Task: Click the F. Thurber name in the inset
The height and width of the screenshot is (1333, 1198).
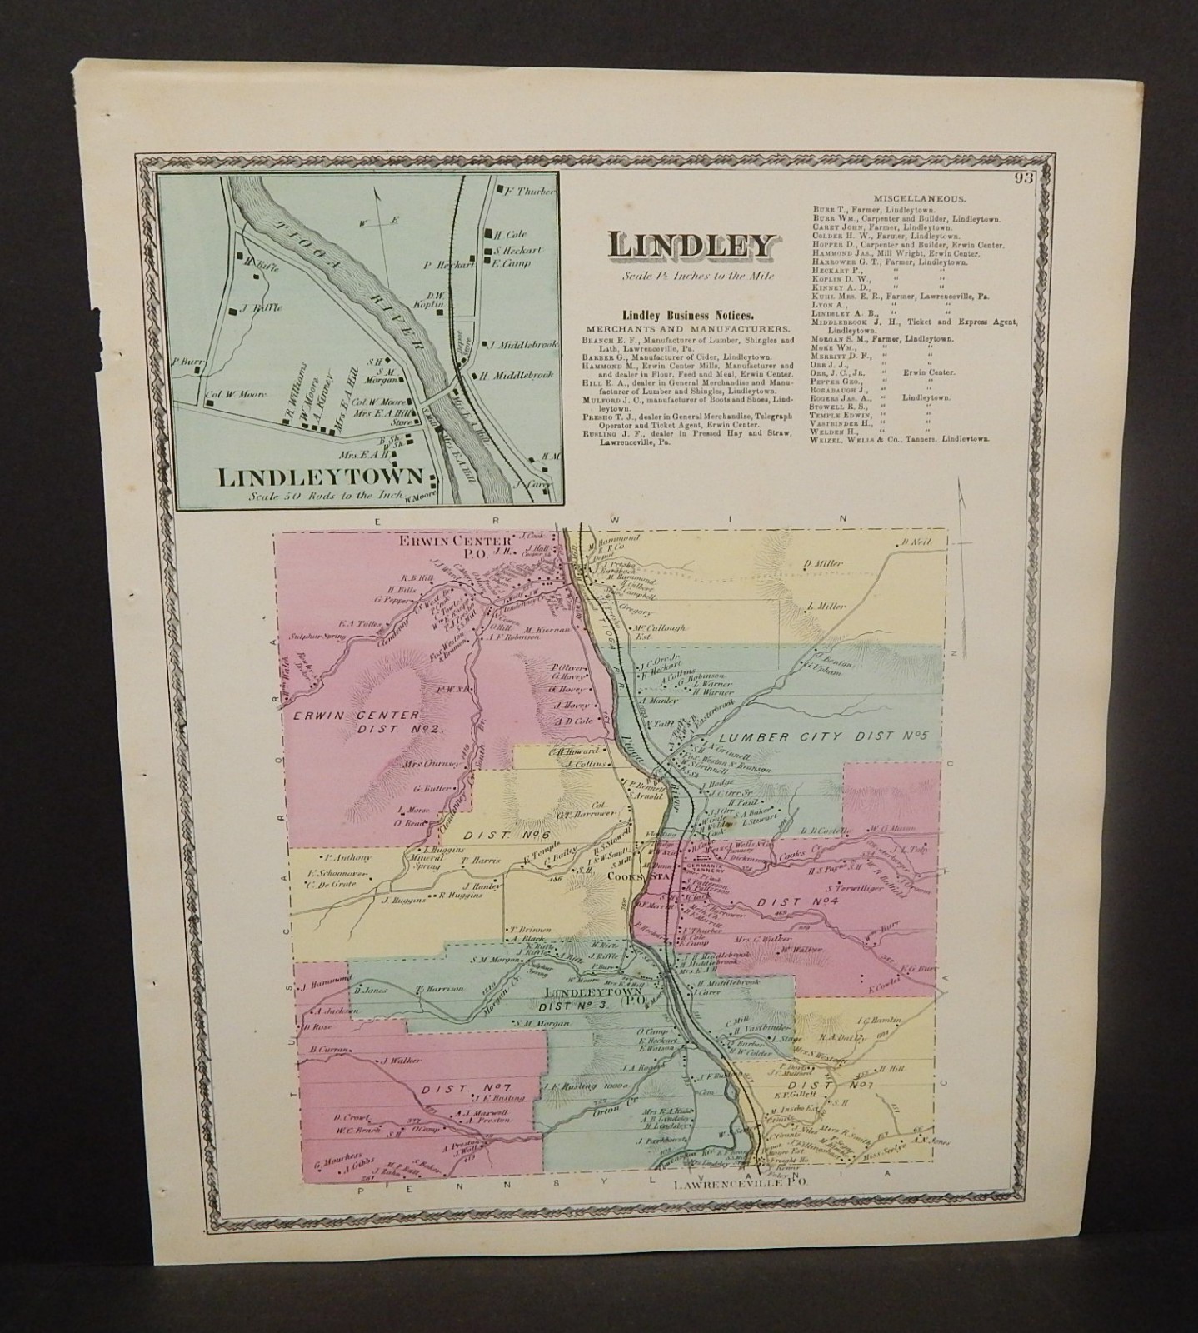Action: click(530, 191)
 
